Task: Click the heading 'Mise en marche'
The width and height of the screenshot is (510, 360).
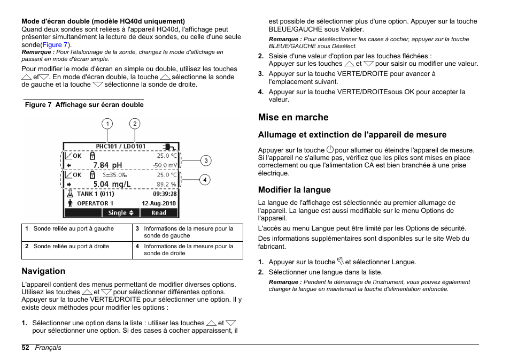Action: pos(293,117)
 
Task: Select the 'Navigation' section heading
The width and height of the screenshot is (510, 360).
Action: pos(43,271)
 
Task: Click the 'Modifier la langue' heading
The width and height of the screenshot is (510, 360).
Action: pos(294,190)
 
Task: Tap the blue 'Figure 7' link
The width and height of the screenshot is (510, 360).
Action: pos(55,45)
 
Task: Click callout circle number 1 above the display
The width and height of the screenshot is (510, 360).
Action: pos(107,124)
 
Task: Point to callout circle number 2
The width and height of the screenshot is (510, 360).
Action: pos(135,124)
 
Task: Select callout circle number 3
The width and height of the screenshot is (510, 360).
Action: pos(205,160)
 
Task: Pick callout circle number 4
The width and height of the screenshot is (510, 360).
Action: pos(205,180)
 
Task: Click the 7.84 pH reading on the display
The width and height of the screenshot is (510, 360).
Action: pos(107,165)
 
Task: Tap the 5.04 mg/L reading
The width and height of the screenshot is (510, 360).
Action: pos(112,185)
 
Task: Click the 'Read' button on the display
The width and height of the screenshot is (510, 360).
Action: pos(159,213)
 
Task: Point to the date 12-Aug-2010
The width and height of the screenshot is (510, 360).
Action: pos(159,203)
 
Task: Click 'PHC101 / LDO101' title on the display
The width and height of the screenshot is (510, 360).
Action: pos(120,146)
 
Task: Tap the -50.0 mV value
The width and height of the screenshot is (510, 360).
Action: pos(165,166)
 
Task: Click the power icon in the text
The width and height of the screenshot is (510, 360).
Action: pos(330,150)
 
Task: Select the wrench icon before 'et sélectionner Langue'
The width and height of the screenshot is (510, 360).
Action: pos(340,262)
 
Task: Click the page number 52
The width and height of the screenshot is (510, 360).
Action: pos(25,348)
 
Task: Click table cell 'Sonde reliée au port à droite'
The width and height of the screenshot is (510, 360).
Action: pos(71,247)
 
